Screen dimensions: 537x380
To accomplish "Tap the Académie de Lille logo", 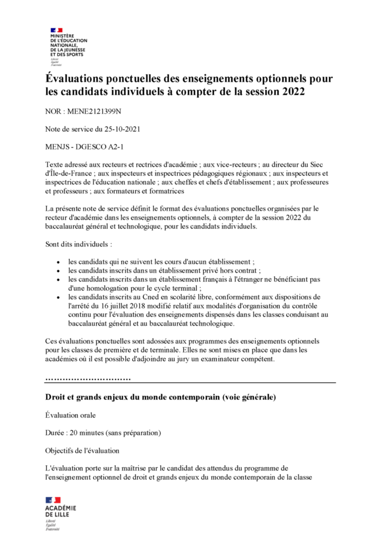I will coord(60,511).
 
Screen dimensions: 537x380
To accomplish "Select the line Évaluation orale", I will coord(70,416).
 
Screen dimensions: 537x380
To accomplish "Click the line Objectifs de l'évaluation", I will coord(82,450).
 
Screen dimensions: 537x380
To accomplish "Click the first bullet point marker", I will coord(58,261).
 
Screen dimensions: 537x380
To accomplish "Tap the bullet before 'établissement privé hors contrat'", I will coord(58,270).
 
